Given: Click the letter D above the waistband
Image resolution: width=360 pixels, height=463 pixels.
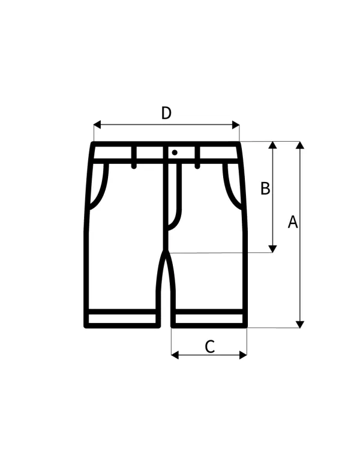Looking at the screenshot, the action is [x=166, y=113].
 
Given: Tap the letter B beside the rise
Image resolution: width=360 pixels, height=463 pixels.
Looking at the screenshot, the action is [x=265, y=189].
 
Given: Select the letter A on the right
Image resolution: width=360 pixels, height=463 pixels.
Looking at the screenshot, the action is [x=293, y=222].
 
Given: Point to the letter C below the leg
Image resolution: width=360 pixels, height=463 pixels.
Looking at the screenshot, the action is [x=210, y=347].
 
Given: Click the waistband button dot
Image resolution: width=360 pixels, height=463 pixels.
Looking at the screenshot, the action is [x=175, y=153].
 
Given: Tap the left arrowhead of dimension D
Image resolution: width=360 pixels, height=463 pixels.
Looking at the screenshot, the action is [x=97, y=125].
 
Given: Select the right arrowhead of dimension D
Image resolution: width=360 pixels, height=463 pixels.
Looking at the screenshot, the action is [x=236, y=125].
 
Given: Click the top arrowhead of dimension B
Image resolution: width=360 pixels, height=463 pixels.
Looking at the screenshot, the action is [x=273, y=145].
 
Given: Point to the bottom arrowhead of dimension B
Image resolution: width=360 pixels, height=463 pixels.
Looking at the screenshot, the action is [x=273, y=249].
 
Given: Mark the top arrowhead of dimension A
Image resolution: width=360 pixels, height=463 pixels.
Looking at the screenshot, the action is [x=300, y=145].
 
